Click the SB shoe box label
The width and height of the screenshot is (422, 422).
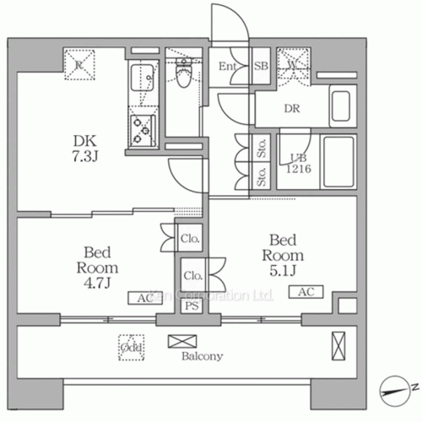pos(262,67)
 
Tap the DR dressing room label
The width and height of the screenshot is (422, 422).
pos(293,108)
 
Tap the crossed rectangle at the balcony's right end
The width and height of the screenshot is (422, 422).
pos(338,345)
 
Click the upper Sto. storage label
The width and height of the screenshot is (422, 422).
pos(262,152)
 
